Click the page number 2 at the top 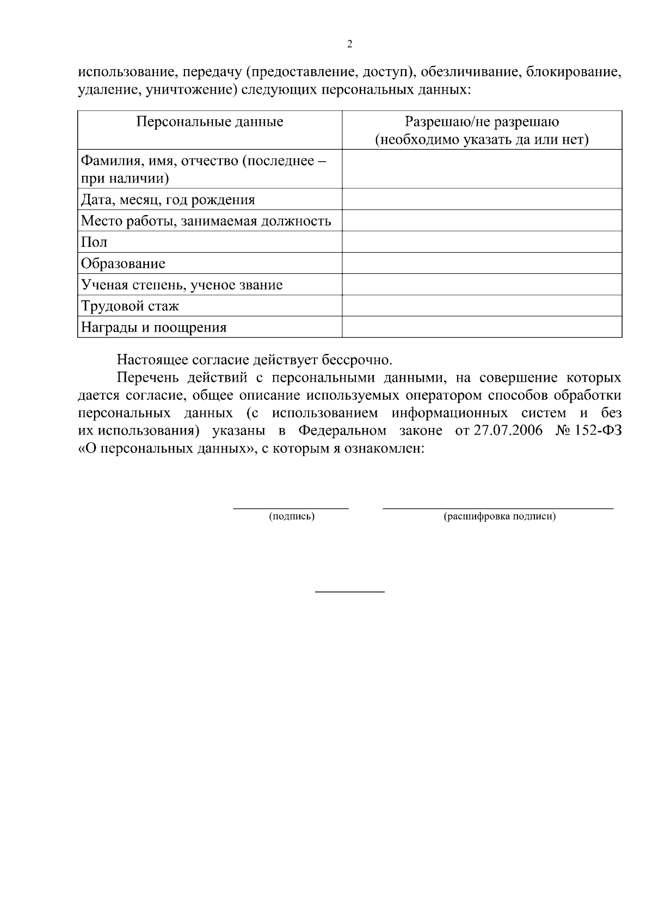pos(349,44)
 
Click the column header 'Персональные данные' pos(210,121)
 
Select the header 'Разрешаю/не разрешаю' pos(482,121)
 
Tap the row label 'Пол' pos(94,242)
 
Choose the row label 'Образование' pos(123,264)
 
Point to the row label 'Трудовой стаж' pos(130,306)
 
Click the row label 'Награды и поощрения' pos(153,327)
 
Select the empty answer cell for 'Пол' pos(482,242)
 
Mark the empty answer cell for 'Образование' pos(482,263)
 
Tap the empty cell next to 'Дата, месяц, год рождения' pos(482,199)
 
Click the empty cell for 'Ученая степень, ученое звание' pos(482,284)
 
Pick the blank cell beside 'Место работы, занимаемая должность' pos(482,221)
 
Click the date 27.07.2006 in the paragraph pos(508,431)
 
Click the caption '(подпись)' pos(292,516)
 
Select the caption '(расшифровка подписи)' pos(500,516)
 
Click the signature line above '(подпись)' pos(291,508)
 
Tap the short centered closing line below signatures pos(350,591)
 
